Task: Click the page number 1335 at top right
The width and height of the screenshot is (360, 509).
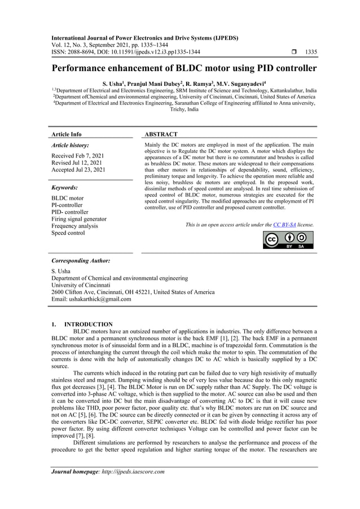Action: [310, 52]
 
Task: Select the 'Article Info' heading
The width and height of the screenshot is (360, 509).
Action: [66, 134]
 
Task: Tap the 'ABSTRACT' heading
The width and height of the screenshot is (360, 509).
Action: [161, 134]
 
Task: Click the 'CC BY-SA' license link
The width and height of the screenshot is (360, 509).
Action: [284, 225]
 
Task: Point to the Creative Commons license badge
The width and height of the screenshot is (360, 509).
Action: [288, 240]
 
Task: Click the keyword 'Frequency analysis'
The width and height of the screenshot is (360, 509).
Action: [74, 226]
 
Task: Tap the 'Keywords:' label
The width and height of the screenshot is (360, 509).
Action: [64, 187]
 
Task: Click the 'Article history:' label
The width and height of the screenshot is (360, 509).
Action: [70, 145]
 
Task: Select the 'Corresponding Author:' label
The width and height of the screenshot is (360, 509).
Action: [81, 261]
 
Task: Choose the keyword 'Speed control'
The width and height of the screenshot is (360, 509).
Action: [68, 232]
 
